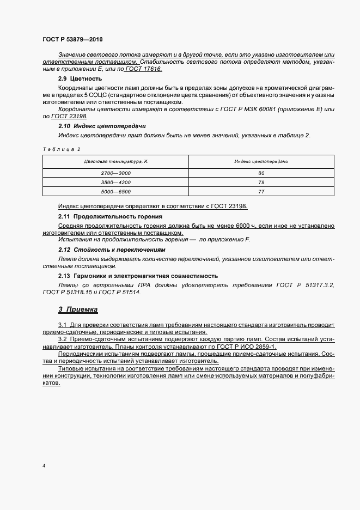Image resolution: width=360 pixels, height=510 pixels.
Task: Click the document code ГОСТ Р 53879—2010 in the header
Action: [x=72, y=40]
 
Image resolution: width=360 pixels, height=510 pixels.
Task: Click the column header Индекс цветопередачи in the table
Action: [x=261, y=162]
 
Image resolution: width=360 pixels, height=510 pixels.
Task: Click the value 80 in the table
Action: [x=261, y=173]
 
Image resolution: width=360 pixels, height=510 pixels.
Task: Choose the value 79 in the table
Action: [x=261, y=182]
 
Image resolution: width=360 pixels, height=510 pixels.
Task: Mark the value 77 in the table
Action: [x=261, y=191]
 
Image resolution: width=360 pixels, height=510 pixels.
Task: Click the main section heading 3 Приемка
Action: [x=78, y=309]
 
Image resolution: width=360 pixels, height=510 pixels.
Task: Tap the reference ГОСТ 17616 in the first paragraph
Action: [x=144, y=69]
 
